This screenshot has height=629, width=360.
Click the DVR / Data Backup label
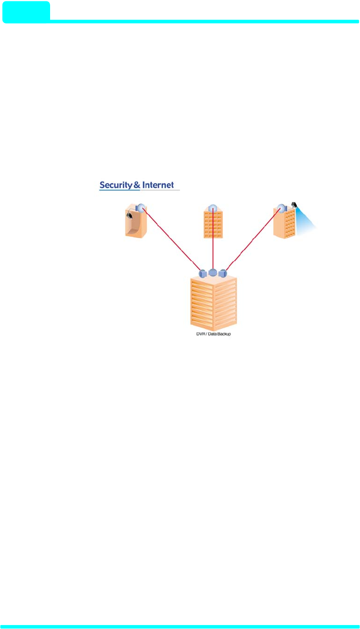(210, 334)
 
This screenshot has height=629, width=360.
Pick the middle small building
(213, 224)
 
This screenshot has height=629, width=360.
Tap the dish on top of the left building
(141, 208)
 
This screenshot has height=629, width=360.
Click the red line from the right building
(253, 238)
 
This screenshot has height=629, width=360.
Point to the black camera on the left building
(129, 215)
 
